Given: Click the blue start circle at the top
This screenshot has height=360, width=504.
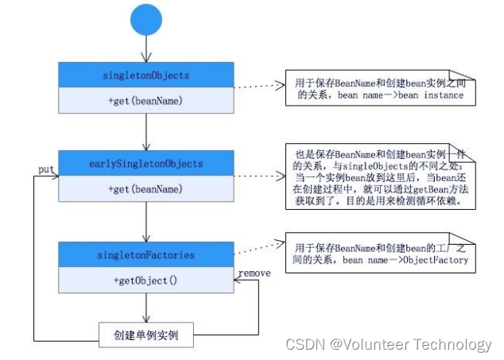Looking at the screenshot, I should pos(145,20).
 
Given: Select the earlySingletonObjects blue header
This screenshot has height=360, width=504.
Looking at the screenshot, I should pos(145,164).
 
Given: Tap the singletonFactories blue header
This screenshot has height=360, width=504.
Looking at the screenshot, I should pos(145,254).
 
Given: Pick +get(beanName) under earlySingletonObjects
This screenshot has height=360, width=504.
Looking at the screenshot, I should pos(145,189).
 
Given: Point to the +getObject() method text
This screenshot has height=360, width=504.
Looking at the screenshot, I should pos(145,280).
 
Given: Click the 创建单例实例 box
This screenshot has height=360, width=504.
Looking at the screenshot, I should pos(145,335).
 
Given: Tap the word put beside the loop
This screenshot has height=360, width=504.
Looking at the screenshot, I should pos(45,169).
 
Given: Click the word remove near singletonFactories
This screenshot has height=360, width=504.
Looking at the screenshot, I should pos(254,273).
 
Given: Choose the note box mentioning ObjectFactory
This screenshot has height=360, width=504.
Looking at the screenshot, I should pos(380,254).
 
